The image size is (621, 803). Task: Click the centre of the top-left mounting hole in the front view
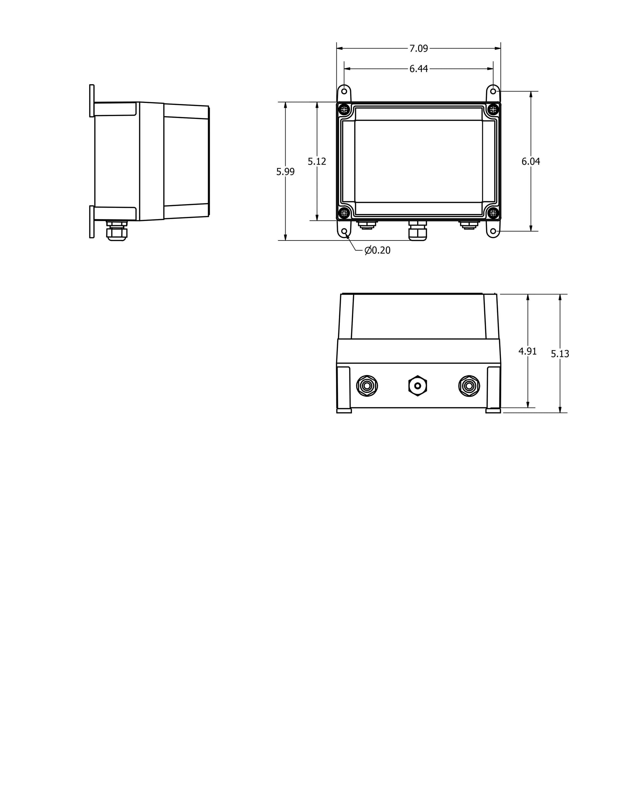[x=344, y=91]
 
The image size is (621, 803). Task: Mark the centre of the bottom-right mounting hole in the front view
[x=493, y=231]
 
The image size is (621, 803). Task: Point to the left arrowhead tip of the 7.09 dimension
[x=337, y=48]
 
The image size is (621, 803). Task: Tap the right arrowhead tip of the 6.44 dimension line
[x=493, y=69]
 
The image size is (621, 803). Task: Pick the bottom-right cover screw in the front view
[x=493, y=212]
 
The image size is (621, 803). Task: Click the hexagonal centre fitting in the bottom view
[x=417, y=386]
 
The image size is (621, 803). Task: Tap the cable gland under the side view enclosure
[x=116, y=231]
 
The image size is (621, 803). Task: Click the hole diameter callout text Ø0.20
[x=378, y=250]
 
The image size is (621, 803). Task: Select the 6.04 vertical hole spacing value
[x=530, y=161]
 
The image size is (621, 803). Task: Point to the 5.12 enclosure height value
[x=317, y=161]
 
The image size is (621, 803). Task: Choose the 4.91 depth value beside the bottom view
[x=527, y=351]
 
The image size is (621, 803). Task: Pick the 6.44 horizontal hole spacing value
[x=419, y=69]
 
